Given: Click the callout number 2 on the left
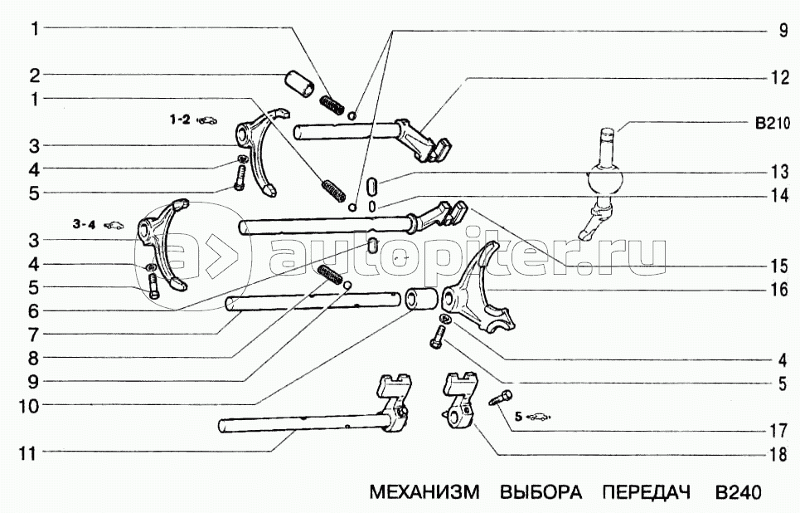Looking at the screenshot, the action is [x=34, y=76].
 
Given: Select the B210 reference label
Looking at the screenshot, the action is [x=772, y=123].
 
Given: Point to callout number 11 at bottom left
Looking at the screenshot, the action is [x=26, y=452].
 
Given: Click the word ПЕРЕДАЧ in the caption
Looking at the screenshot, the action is [x=646, y=492].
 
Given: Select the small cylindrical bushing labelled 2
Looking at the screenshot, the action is [x=299, y=84].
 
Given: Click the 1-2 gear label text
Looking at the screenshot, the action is [x=180, y=120].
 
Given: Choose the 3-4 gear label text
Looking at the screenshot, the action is [x=85, y=224].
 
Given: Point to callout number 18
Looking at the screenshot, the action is [x=778, y=454].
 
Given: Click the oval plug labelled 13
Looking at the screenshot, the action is [x=372, y=185].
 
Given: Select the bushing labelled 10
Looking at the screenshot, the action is [x=422, y=299].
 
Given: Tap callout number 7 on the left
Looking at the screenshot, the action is [x=34, y=335].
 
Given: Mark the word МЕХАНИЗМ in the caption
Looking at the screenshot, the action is [x=424, y=492].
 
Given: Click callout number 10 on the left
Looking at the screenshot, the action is [x=28, y=407].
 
